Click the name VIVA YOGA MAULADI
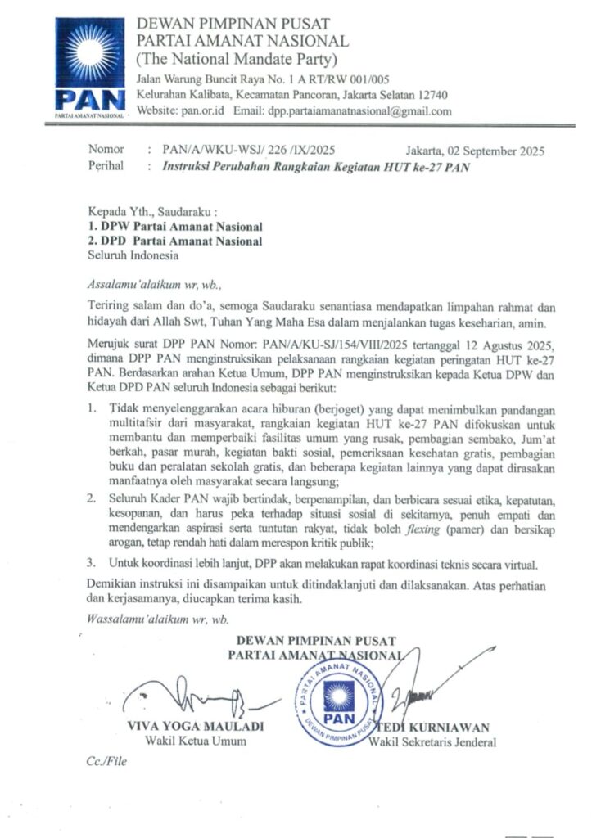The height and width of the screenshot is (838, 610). pyautogui.click(x=195, y=727)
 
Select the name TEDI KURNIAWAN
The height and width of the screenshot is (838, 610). pyautogui.click(x=435, y=727)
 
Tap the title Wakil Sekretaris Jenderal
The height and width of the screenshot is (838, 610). pyautogui.click(x=432, y=742)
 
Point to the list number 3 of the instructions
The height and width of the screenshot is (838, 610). pyautogui.click(x=92, y=563)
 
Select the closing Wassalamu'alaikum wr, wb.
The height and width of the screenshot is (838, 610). pyautogui.click(x=158, y=619)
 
